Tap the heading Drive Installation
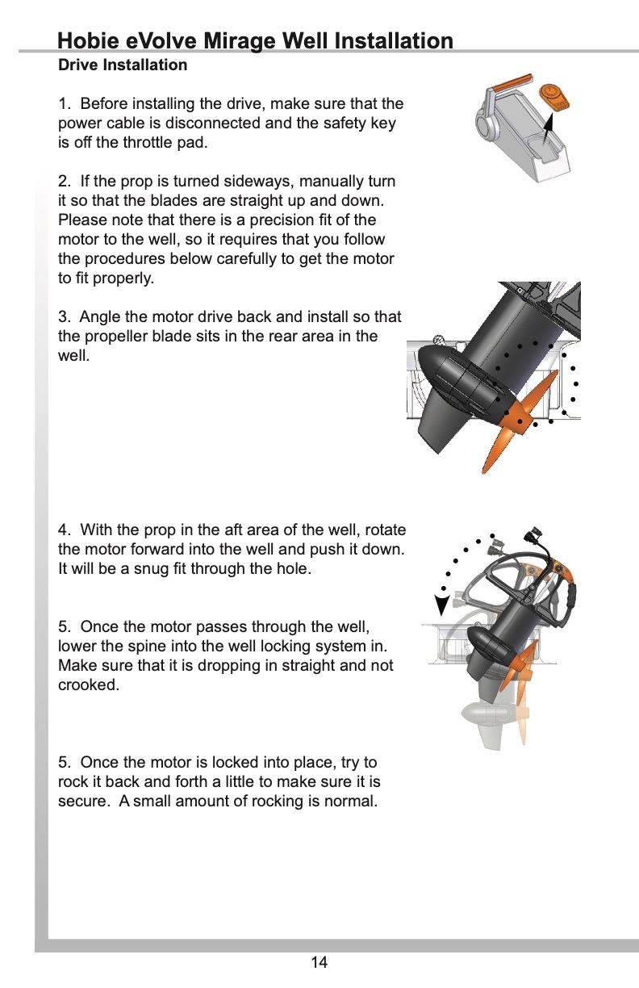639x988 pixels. point(123,65)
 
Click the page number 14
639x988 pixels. point(319,962)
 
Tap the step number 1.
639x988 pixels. point(64,104)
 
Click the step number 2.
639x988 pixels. point(65,182)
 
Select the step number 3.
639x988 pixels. point(65,316)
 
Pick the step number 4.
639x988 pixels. point(65,530)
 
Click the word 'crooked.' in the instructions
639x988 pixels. point(89,685)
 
